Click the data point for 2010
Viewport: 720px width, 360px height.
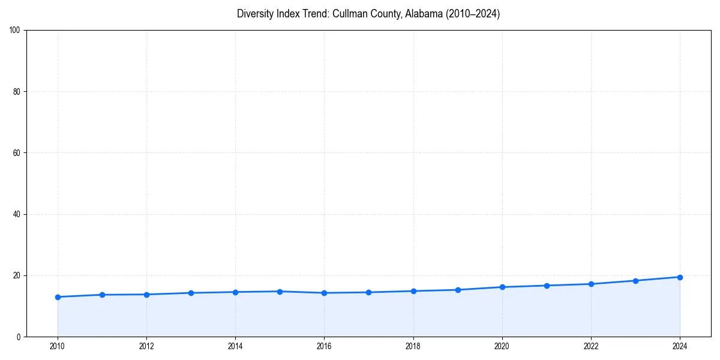[58, 297]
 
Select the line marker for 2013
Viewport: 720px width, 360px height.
[191, 293]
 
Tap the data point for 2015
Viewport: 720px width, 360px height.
[280, 292]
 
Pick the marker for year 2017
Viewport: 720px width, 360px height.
[368, 292]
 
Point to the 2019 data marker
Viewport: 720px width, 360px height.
[458, 290]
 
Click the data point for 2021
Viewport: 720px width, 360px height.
[547, 286]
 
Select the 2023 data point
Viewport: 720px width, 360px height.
[635, 281]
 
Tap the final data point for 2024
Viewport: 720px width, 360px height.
[680, 277]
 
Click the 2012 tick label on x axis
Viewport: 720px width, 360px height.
[146, 346]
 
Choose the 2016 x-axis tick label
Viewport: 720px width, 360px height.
[324, 346]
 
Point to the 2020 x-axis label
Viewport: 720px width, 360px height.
[502, 346]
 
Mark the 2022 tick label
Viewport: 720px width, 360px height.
[591, 346]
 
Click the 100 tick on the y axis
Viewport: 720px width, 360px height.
[16, 30]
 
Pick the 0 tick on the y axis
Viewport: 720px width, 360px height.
[19, 337]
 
